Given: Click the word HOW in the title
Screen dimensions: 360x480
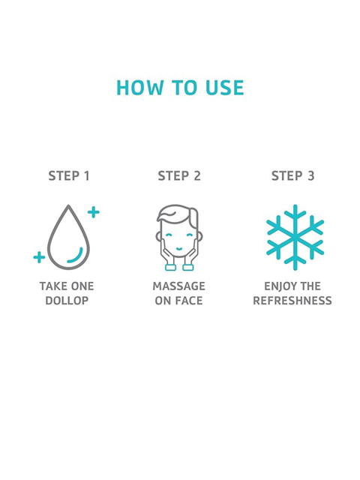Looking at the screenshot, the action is tap(139, 88).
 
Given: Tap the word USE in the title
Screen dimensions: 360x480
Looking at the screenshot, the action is tap(225, 88).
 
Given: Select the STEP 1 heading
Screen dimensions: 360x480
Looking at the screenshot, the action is tap(69, 176).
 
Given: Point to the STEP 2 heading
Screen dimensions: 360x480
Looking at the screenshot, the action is tap(179, 176).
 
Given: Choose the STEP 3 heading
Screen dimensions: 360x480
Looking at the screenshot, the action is tap(292, 176).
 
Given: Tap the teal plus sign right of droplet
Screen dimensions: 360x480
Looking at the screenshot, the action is tap(93, 212).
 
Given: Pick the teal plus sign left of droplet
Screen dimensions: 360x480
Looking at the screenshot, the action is tap(39, 257).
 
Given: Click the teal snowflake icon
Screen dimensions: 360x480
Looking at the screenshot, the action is tap(295, 238).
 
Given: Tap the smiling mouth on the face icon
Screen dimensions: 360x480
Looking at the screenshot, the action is tap(179, 248).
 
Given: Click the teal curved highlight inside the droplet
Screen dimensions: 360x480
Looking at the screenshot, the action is tap(78, 258).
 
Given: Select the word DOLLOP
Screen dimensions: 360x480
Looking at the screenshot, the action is tap(67, 301).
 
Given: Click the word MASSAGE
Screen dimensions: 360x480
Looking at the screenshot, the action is tap(179, 286).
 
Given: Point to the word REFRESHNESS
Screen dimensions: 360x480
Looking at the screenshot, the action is tap(292, 301).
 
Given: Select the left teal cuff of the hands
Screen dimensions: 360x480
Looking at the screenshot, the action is tap(170, 267).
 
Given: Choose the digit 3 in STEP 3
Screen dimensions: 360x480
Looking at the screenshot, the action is tap(310, 176).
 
